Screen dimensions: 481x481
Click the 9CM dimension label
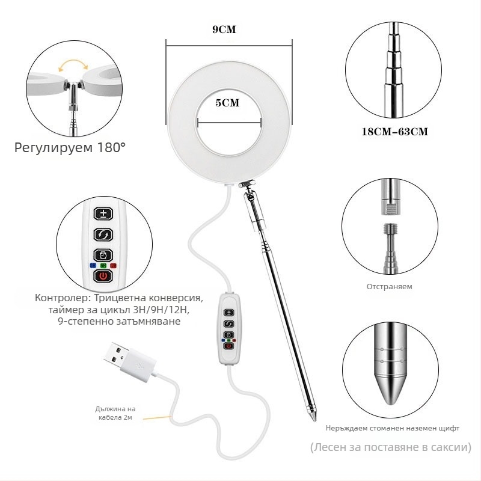(224, 29)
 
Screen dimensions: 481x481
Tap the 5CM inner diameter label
(227, 103)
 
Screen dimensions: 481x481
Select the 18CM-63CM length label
(395, 132)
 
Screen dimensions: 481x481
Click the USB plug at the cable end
(129, 360)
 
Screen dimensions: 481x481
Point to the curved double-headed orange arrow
(73, 62)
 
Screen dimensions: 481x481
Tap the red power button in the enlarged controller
(103, 276)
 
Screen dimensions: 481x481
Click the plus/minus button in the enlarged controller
(103, 213)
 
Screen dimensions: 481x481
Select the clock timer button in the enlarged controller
(103, 255)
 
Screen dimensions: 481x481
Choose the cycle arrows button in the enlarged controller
(103, 234)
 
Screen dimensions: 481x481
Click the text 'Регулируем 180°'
(70, 147)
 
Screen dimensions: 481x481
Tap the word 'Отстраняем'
(390, 287)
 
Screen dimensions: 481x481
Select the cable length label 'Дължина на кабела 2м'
(115, 413)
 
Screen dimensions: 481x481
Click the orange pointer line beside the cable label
(157, 417)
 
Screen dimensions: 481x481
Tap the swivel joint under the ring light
(247, 184)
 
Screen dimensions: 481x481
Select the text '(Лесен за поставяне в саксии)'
(390, 447)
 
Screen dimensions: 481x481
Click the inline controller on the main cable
(229, 329)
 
